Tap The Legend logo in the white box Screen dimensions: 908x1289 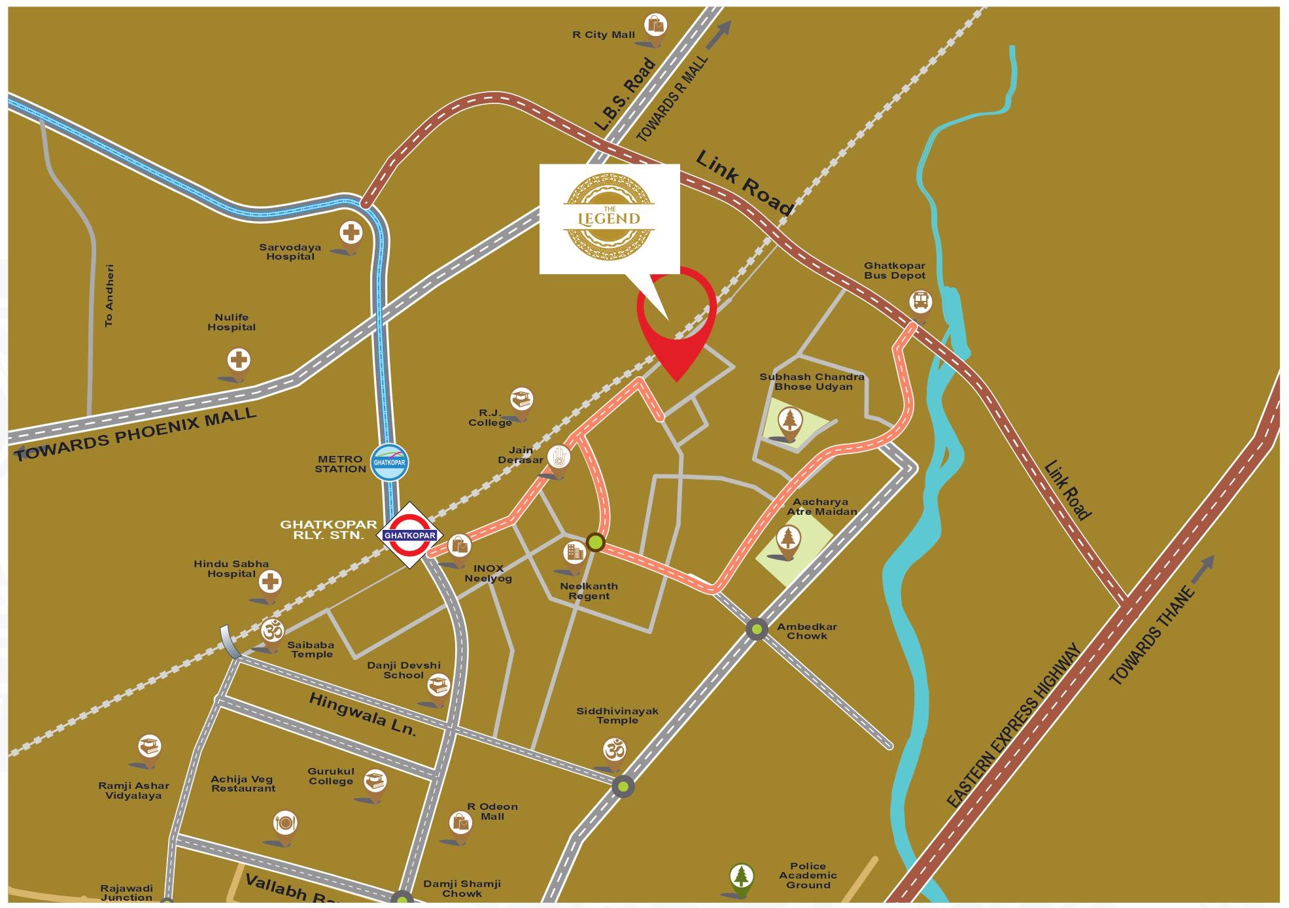(x=609, y=217)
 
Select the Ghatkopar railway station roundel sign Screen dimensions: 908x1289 (x=409, y=535)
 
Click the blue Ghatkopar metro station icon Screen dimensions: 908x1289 (x=389, y=462)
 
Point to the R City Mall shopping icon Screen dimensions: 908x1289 (x=656, y=26)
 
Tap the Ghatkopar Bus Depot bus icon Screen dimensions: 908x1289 (x=921, y=302)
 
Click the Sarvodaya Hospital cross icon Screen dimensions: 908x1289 (x=351, y=232)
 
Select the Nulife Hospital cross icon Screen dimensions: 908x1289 (x=239, y=360)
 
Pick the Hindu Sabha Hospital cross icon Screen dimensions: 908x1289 (x=270, y=581)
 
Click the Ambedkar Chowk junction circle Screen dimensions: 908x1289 (x=757, y=629)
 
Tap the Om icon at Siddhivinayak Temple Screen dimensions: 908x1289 (x=615, y=750)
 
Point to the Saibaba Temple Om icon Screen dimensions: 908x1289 (x=273, y=631)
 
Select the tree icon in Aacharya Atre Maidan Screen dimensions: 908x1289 (x=788, y=538)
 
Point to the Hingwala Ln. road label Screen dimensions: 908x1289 (x=362, y=714)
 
